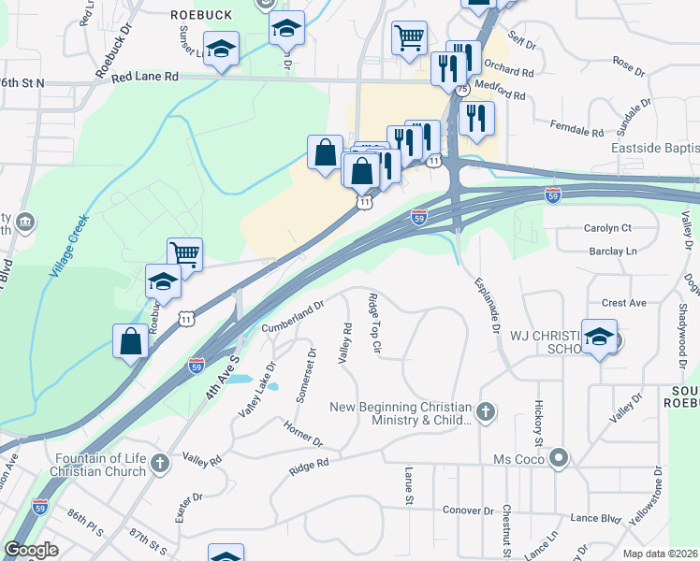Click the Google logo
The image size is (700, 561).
click(31, 550)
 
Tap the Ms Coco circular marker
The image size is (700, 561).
click(560, 458)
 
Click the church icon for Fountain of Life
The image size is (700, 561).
click(160, 463)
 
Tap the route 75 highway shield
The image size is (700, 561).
click(463, 88)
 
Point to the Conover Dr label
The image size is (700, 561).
click(467, 511)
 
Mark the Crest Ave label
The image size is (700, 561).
click(624, 303)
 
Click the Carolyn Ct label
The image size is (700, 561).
click(608, 227)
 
